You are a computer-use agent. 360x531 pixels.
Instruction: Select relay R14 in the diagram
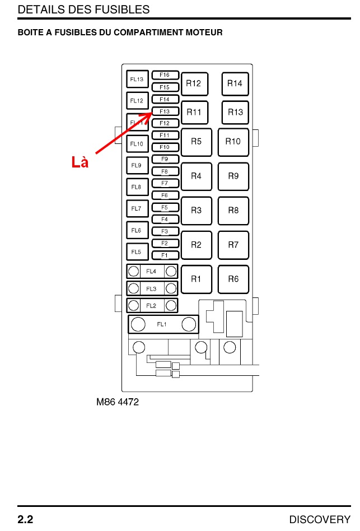235,84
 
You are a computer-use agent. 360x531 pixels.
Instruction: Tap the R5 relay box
196,142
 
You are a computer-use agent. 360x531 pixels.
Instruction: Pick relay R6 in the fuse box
233,279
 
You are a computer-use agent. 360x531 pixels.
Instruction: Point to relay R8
233,211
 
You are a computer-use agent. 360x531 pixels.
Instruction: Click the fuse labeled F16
165,75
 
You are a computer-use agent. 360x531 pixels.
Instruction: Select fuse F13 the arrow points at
165,111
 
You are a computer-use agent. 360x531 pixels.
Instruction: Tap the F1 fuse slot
165,255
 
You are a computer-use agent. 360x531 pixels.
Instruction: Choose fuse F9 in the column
165,160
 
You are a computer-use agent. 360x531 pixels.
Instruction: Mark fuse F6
165,195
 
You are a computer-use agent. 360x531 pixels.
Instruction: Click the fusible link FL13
137,80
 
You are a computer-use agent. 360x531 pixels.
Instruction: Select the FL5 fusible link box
137,252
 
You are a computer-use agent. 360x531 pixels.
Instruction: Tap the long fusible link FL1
162,324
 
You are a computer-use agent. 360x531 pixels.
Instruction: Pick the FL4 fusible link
152,272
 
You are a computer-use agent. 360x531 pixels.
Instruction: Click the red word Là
80,162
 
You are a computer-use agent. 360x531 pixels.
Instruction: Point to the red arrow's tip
151,113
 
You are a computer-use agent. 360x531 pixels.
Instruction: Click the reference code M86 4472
118,402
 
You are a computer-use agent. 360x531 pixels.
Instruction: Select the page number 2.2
26,519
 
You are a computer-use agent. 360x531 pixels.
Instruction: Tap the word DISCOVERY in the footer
320,519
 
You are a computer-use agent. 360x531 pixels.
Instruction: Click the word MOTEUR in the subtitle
204,32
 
